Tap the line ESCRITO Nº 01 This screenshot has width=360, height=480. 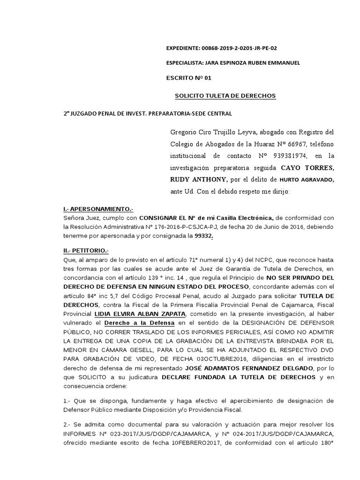pos(186,78)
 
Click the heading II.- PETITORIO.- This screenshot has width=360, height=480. pos(86,250)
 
